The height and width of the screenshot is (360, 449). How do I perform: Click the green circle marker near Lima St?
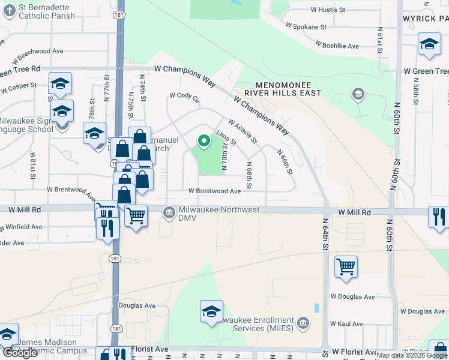point(204,142)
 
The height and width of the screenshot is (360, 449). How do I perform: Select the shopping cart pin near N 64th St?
point(346,266)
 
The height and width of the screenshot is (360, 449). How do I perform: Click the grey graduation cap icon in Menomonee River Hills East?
point(358,94)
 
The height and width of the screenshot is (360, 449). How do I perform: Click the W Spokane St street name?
point(306,27)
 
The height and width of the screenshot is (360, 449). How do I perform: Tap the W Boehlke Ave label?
point(337,46)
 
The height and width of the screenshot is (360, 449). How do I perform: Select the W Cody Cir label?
point(184,95)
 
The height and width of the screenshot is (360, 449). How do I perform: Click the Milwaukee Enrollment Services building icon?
point(303,325)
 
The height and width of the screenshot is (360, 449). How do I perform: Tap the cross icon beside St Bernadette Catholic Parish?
point(8,11)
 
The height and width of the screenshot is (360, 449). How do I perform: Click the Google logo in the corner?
point(20,353)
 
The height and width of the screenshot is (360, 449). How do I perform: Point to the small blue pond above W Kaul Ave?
point(316,308)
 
